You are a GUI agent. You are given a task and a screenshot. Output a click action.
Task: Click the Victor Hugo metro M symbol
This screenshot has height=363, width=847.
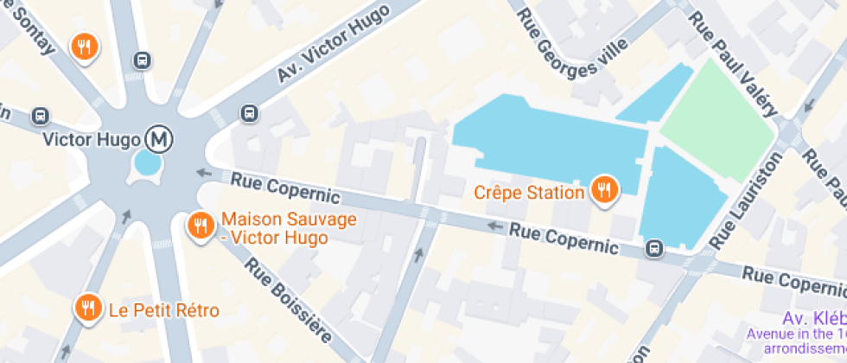tap(158, 137)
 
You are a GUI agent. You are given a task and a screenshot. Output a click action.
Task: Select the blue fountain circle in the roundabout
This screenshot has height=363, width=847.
tap(147, 162)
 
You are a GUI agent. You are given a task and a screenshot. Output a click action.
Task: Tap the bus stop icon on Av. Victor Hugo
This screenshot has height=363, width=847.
tap(249, 112)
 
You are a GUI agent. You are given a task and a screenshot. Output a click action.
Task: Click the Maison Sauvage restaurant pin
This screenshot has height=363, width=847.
tap(201, 226)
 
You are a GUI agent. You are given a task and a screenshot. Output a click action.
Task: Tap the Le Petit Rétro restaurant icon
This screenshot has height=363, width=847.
tap(88, 308)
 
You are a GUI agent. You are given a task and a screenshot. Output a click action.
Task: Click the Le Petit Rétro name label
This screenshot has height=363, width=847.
tap(163, 309)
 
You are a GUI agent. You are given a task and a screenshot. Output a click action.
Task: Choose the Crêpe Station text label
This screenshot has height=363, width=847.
tap(529, 189)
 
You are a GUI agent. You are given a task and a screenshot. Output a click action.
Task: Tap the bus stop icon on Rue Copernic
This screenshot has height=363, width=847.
tap(654, 250)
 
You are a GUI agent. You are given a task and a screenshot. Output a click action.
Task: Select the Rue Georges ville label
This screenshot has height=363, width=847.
tap(571, 48)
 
